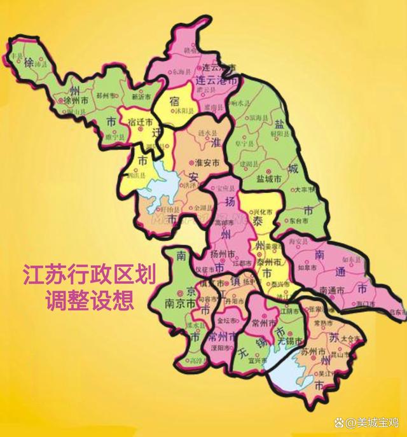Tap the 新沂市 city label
click(141, 97)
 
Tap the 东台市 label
click(300, 221)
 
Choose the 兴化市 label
click(258, 211)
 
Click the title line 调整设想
click(88, 300)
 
